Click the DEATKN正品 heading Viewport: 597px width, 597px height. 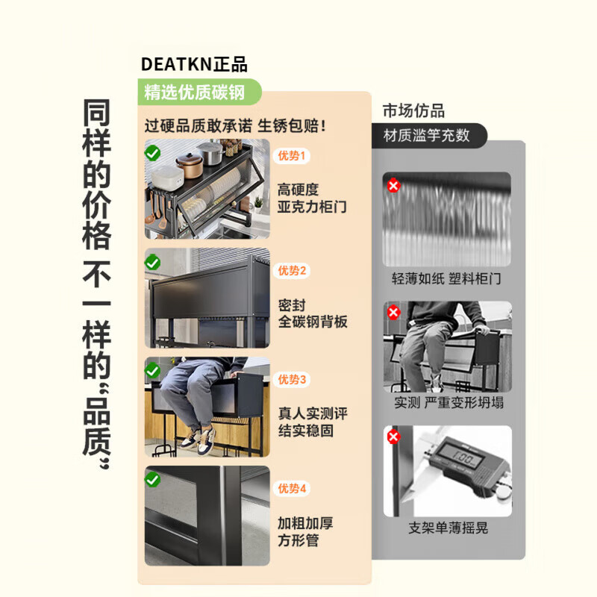[194, 64]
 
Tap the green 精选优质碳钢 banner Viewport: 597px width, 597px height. [199, 92]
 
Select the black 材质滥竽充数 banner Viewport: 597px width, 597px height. [429, 135]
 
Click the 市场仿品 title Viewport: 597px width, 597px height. [413, 110]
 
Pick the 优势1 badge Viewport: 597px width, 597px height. [291, 156]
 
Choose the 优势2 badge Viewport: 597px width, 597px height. [292, 271]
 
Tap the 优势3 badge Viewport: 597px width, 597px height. [292, 380]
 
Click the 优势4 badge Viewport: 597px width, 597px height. [292, 489]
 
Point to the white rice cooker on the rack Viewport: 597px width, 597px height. [168, 178]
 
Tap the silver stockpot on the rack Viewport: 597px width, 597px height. [210, 154]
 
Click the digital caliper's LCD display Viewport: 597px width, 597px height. [461, 454]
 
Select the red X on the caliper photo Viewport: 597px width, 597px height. [393, 437]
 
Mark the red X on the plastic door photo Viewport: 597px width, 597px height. [393, 186]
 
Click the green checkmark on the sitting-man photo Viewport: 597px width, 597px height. [153, 371]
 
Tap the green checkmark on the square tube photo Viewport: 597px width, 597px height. [153, 480]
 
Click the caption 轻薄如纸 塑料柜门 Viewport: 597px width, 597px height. [446, 278]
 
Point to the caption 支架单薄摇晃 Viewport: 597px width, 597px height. [448, 528]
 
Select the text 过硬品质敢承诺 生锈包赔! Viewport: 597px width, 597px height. [235, 126]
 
